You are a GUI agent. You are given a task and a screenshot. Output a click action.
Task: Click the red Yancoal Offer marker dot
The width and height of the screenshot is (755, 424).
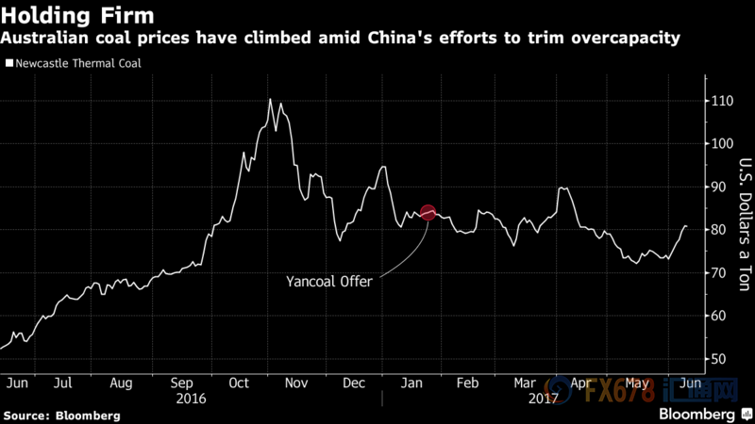tap(428, 214)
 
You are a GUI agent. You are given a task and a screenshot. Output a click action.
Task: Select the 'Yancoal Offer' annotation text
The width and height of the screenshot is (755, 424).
tap(330, 280)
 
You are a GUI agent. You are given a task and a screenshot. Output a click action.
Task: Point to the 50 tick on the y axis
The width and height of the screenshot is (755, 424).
tap(719, 359)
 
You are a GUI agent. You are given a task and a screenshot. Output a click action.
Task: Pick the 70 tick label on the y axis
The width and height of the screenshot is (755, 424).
tap(719, 273)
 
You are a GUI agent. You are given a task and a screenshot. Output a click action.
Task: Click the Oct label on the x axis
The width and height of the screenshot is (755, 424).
tap(239, 383)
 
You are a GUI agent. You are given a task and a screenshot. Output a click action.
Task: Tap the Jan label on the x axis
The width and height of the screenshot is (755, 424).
tap(412, 383)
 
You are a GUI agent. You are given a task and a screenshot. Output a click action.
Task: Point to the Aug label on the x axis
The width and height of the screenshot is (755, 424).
tap(121, 383)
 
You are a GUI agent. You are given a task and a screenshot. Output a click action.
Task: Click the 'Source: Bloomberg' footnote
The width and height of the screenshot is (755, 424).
tap(61, 415)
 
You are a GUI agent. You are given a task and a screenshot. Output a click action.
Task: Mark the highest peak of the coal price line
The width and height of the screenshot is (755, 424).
tap(270, 99)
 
